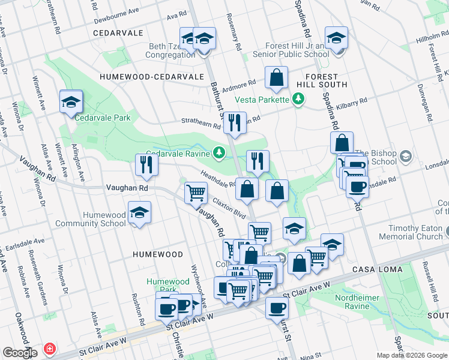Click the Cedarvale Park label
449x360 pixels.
tap(103, 118)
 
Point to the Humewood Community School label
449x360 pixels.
tap(91, 219)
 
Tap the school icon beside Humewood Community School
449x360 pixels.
tap(139, 214)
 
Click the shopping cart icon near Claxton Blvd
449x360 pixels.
tap(196, 193)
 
